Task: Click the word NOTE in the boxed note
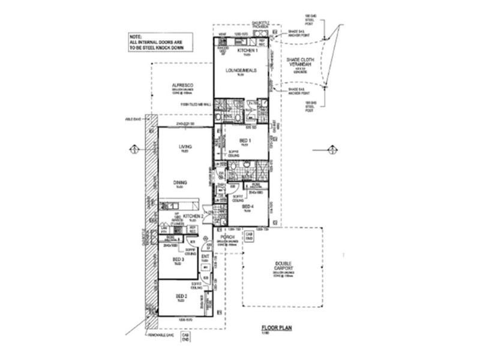[136, 36]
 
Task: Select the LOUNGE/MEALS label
[241, 71]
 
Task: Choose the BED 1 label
[244, 140]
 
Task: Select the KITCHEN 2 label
[192, 215]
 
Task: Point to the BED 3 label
[178, 259]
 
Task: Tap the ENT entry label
[205, 256]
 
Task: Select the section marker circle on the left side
[134, 149]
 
